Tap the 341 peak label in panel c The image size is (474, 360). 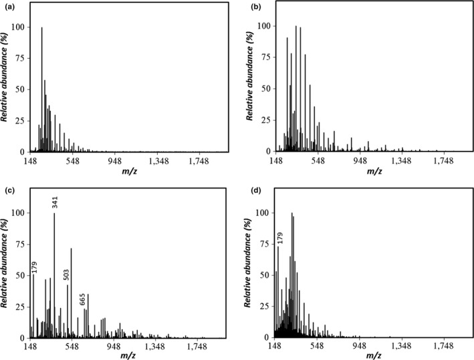click(x=55, y=202)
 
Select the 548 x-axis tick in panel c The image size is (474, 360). click(x=72, y=347)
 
